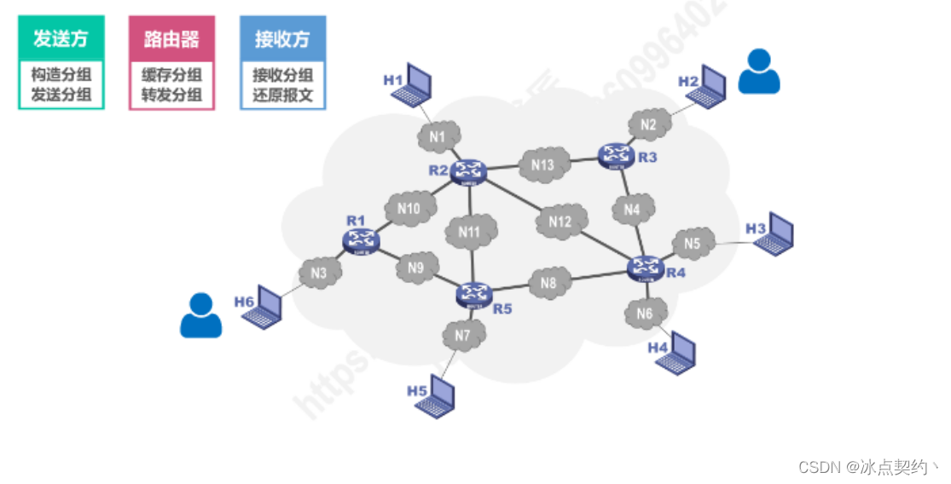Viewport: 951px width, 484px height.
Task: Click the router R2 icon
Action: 468,171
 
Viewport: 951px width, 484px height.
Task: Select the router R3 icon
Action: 616,155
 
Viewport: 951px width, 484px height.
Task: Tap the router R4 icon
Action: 646,268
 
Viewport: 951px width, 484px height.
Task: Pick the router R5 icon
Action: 473,294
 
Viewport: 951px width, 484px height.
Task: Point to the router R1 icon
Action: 361,240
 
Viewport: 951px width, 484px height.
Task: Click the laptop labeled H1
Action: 418,82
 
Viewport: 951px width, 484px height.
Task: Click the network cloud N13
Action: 542,164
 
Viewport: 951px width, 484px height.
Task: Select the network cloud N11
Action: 471,230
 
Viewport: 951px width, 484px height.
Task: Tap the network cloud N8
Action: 549,282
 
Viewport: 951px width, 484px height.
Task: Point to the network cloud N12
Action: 560,222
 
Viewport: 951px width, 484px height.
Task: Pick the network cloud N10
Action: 409,208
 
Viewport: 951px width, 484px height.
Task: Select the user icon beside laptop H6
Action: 200,315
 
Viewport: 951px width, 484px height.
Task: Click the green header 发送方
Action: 61,38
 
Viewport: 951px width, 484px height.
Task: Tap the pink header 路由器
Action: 171,38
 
